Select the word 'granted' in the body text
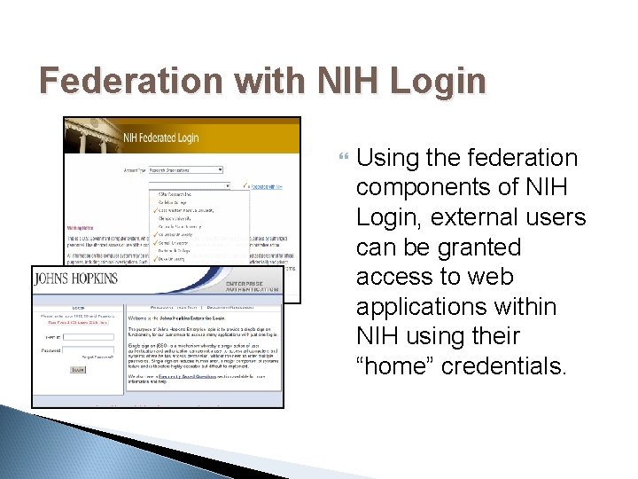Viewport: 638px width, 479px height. point(479,247)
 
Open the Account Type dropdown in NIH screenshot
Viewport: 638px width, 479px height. point(191,169)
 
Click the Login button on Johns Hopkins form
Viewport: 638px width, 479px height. point(78,370)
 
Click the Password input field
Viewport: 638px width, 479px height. point(91,351)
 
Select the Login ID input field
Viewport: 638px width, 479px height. point(91,337)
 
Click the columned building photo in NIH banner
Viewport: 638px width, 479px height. point(89,138)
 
